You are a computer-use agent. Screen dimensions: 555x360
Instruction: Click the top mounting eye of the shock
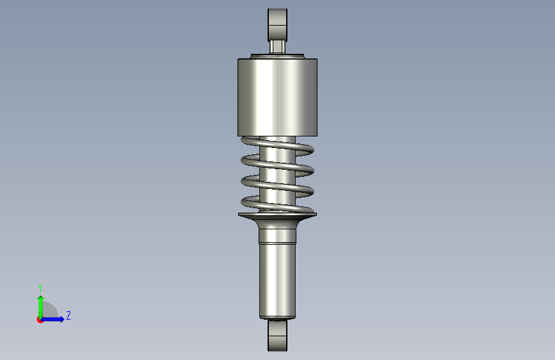(x=277, y=25)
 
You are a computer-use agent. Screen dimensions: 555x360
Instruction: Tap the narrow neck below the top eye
(x=277, y=47)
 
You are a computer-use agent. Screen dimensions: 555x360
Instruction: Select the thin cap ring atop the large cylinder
(x=277, y=56)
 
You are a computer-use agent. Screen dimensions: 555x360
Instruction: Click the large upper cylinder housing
(x=277, y=97)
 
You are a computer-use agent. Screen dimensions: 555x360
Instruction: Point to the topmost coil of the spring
(x=277, y=145)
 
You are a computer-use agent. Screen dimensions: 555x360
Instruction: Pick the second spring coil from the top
(x=277, y=165)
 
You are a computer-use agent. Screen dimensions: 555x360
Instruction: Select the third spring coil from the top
(x=277, y=186)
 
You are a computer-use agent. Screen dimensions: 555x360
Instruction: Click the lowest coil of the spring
(x=277, y=205)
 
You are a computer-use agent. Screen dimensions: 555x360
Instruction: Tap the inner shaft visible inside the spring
(x=277, y=174)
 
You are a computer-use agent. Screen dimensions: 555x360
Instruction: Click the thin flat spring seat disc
(x=277, y=215)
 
